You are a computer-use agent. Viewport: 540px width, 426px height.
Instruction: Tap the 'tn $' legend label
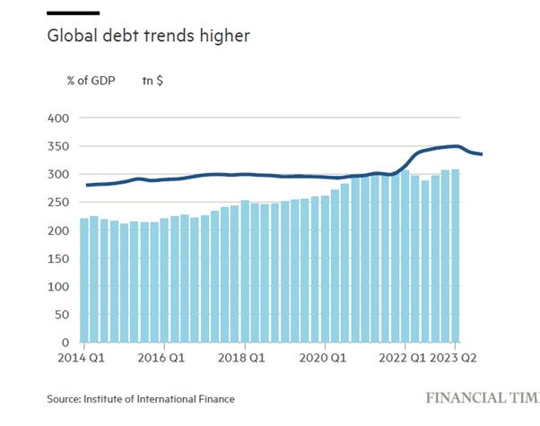click(x=152, y=80)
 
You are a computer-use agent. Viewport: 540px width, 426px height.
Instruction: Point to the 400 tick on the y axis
click(x=57, y=118)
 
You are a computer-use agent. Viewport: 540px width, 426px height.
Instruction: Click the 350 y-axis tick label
click(x=57, y=146)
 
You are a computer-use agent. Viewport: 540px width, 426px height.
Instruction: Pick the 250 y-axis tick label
click(x=57, y=203)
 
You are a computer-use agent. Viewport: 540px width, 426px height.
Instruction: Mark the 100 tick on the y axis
click(x=57, y=287)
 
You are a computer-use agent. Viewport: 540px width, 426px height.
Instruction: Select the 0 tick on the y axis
click(x=65, y=343)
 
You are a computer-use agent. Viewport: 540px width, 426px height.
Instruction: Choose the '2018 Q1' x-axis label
click(x=245, y=357)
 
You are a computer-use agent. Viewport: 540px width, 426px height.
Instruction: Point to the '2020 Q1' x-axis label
click(x=325, y=357)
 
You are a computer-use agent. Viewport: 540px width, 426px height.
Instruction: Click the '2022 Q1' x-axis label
click(x=405, y=357)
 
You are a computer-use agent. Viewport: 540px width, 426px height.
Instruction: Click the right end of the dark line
click(x=482, y=154)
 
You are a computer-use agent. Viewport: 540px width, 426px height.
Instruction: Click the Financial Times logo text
click(x=483, y=396)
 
